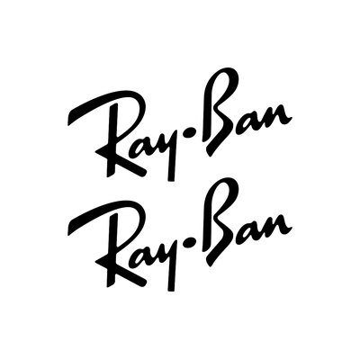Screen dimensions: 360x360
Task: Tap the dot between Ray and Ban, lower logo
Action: pos(190,242)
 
